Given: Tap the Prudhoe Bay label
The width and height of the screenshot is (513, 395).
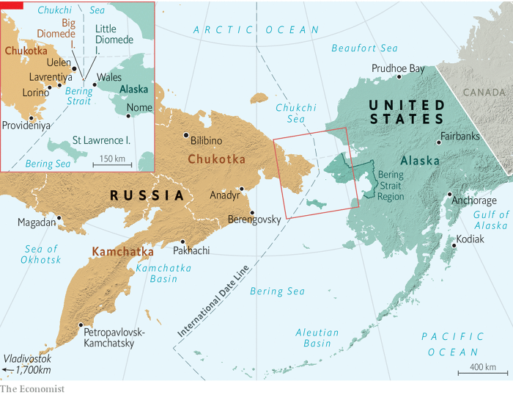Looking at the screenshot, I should tap(399, 68).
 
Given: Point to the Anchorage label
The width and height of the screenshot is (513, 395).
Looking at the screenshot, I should tap(474, 200).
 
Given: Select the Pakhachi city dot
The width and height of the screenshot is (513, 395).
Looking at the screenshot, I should tap(182, 242).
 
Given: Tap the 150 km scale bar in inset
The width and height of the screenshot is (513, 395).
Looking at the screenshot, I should tap(111, 164).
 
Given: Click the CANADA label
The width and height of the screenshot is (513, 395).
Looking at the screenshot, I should tap(485, 93).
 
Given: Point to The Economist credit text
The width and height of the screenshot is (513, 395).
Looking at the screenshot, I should tap(32, 388).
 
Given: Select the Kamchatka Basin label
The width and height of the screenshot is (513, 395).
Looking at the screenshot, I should tap(163, 274).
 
